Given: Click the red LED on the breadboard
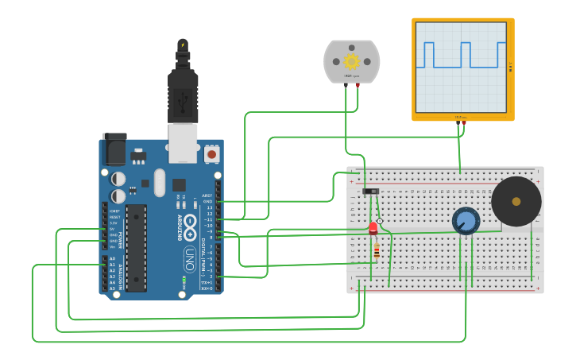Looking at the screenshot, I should click(373, 229).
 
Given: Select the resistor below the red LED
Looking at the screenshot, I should click(376, 252).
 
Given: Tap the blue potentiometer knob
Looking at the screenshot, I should click(466, 220).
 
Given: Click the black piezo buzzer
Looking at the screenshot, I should click(516, 201).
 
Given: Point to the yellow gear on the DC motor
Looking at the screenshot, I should click(351, 61).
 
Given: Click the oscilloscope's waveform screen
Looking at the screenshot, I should click(461, 67).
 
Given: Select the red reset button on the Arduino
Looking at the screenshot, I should click(211, 153).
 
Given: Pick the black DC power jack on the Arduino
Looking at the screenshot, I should click(114, 149).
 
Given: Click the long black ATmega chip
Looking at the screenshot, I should click(136, 247).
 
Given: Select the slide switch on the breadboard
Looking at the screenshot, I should click(370, 191).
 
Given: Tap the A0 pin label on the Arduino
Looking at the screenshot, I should click(112, 259).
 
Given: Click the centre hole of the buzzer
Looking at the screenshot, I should click(516, 201).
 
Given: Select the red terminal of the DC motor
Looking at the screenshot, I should click(358, 84).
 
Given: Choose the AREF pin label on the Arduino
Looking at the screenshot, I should click(207, 195).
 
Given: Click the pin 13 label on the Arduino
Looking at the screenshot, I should click(210, 207).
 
